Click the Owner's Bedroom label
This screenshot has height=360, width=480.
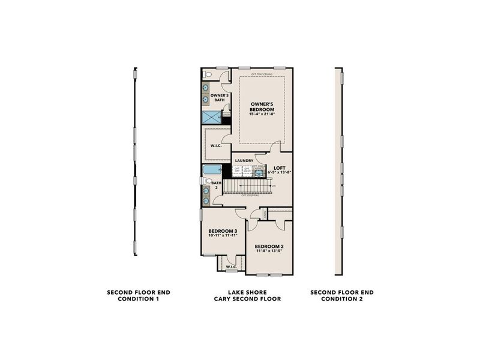(x=262, y=107)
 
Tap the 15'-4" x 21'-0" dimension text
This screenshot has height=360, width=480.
(x=262, y=115)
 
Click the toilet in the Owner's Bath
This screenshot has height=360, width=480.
(x=207, y=75)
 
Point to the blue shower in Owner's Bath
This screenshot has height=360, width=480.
(x=211, y=117)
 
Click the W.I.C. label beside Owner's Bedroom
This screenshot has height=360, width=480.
(x=216, y=146)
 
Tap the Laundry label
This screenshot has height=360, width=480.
(x=244, y=160)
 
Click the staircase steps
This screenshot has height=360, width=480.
(x=246, y=187)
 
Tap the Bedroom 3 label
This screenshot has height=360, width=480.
(x=223, y=231)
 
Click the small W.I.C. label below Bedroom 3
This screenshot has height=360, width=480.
(x=230, y=266)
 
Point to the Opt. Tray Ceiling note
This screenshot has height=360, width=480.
(x=262, y=75)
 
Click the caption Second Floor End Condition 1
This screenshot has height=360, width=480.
(x=139, y=295)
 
